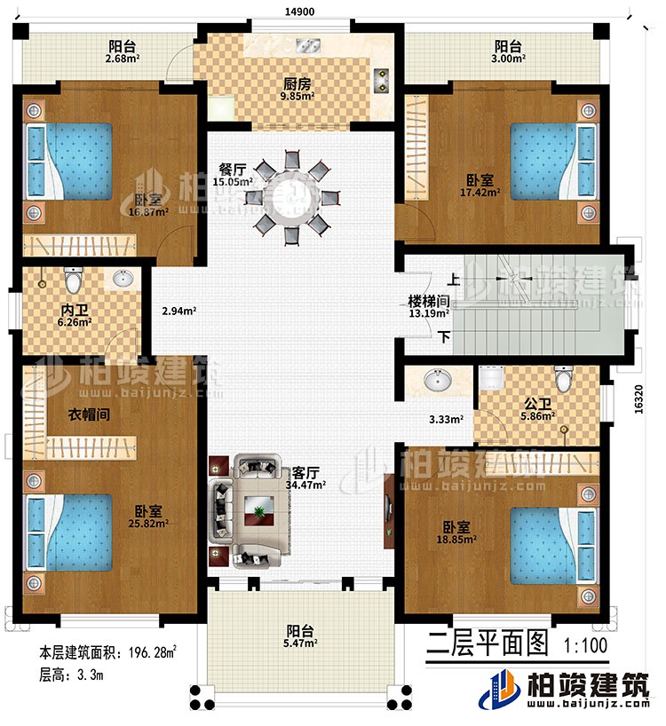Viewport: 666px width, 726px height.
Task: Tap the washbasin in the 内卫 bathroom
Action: click(123, 280)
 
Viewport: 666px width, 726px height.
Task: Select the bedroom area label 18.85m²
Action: click(456, 539)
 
